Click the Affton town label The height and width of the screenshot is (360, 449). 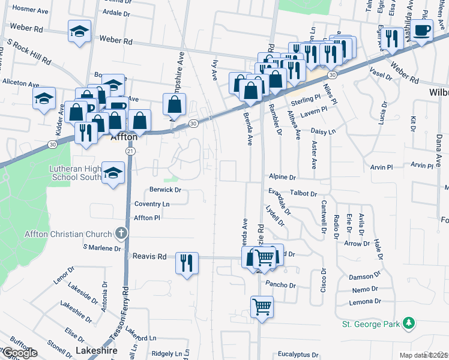pos(125,137)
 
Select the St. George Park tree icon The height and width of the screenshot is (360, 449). pos(409,323)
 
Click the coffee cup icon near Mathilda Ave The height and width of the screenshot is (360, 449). pos(422,30)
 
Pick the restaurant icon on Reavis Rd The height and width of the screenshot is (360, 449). pos(185,263)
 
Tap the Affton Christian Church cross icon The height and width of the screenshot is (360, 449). pos(121,233)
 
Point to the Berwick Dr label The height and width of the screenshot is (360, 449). pos(165,190)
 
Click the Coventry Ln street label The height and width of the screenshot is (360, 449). pos(152,204)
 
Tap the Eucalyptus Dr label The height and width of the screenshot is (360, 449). pos(298,355)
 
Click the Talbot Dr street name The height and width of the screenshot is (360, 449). pos(303,194)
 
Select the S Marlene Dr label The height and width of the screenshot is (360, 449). pos(101,247)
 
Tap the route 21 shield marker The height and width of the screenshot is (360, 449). pos(130,152)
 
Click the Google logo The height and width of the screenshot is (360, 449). pos(19,353)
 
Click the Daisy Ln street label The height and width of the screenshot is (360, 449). pos(323,131)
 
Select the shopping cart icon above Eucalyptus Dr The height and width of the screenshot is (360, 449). pos(262,307)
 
